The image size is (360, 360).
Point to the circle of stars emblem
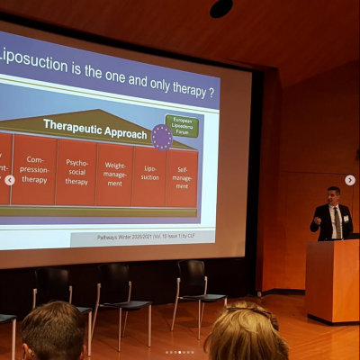162,138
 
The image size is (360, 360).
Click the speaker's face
333,195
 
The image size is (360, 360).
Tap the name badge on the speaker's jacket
345,219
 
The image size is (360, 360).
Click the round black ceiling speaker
221,8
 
